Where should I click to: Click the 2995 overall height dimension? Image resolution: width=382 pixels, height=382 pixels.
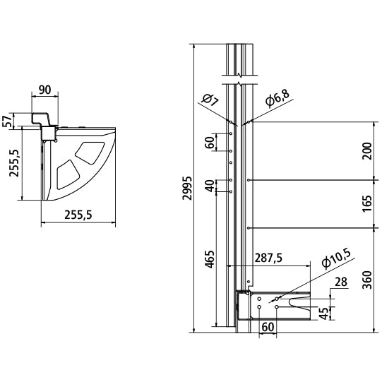[188, 188]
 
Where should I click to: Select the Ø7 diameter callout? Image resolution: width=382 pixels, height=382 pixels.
[210, 100]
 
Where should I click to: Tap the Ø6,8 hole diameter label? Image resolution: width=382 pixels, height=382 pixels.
[277, 98]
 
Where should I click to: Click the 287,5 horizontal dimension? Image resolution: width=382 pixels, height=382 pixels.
[268, 258]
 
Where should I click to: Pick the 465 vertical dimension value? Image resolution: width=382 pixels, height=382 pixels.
[210, 259]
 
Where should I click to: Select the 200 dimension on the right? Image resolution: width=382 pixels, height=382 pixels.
[367, 151]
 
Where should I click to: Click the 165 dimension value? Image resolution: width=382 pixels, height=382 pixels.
[367, 203]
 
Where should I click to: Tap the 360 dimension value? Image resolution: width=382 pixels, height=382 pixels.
[367, 280]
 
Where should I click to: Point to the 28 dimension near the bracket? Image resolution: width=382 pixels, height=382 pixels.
[341, 282]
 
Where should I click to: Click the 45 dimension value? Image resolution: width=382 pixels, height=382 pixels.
[324, 314]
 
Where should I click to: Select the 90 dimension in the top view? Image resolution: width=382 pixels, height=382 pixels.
[44, 90]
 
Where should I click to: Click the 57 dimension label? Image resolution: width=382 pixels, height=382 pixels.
[7, 121]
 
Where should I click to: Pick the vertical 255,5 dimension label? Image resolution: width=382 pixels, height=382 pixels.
[14, 163]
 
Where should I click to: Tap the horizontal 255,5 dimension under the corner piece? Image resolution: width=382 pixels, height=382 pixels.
[78, 215]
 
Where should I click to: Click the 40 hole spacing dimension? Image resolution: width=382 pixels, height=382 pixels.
[210, 186]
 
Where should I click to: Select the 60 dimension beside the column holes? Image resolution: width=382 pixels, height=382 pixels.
[210, 143]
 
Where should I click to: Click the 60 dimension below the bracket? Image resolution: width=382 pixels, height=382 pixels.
[268, 327]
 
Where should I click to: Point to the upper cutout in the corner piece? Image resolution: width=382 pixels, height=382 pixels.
[90, 153]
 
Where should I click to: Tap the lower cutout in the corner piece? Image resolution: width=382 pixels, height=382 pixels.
[68, 174]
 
